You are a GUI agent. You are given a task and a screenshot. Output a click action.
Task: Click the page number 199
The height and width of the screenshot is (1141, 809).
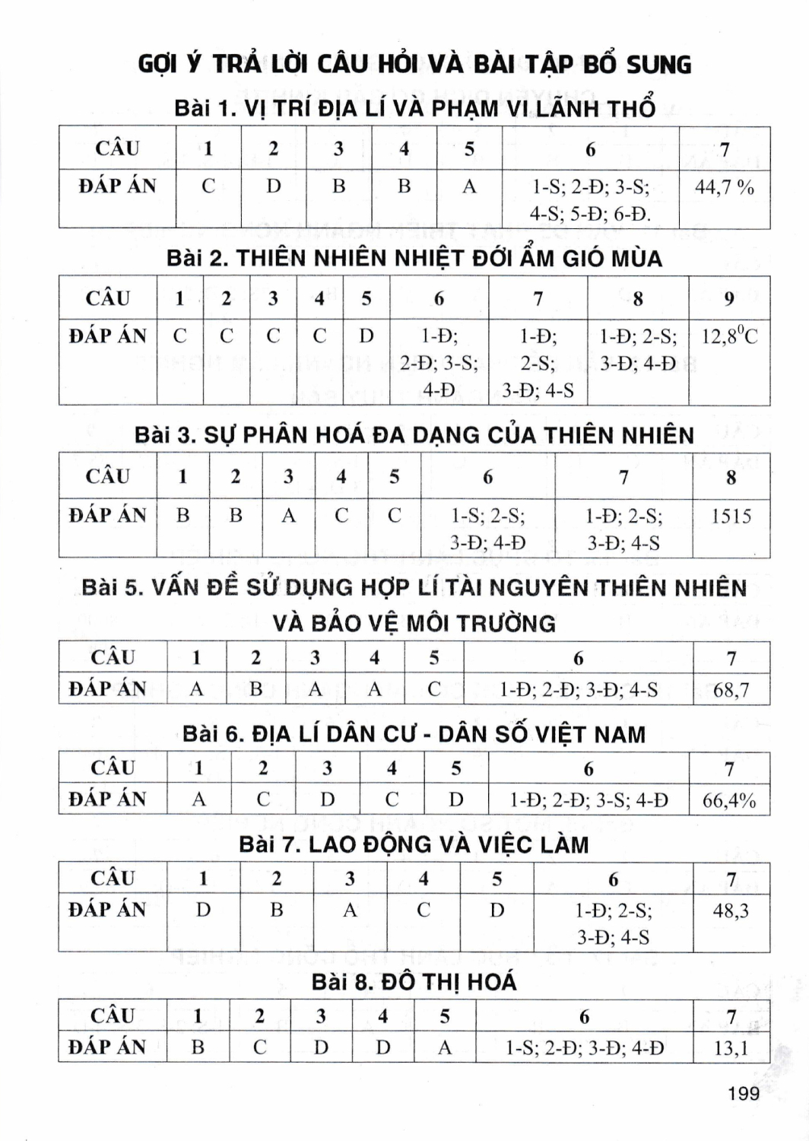click(743, 1094)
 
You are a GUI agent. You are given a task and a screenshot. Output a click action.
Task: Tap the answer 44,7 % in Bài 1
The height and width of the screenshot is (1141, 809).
click(724, 187)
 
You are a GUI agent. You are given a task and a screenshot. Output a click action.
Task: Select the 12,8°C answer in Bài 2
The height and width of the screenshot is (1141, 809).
click(729, 336)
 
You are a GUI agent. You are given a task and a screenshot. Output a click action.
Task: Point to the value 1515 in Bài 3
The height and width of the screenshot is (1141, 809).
click(731, 516)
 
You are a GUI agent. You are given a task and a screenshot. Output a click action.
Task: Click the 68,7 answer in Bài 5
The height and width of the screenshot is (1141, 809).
click(731, 690)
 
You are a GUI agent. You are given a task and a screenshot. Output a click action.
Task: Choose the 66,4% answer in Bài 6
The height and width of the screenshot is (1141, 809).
click(729, 800)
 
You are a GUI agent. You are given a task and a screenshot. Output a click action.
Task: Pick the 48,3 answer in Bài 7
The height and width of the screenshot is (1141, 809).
click(731, 910)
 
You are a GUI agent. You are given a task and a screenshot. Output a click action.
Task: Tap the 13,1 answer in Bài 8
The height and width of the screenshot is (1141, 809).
click(731, 1048)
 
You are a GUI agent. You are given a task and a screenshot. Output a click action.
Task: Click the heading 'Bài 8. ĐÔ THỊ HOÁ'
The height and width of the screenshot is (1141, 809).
click(414, 982)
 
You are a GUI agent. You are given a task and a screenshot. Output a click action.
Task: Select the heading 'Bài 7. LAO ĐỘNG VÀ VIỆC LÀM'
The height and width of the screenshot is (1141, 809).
click(414, 844)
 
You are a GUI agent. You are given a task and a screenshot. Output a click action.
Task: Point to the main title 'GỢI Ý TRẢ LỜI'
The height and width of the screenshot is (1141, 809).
click(414, 64)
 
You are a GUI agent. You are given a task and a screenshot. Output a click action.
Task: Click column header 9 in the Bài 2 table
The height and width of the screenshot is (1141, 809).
click(729, 298)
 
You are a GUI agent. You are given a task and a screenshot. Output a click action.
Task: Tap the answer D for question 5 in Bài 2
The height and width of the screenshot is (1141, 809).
click(366, 335)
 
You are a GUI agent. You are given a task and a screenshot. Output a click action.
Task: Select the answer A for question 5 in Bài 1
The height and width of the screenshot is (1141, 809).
click(469, 186)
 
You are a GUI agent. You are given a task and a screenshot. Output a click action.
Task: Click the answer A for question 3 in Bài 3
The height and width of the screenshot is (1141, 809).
click(288, 516)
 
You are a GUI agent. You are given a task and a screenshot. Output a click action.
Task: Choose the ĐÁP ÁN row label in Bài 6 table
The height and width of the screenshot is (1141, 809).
click(107, 799)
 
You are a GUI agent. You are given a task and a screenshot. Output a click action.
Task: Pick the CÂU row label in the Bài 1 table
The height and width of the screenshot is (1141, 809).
click(117, 148)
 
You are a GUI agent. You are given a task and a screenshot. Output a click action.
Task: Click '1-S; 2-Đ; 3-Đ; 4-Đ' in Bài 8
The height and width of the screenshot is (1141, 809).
click(584, 1048)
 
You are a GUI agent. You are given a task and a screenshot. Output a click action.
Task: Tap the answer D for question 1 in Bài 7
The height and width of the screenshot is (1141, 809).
click(203, 910)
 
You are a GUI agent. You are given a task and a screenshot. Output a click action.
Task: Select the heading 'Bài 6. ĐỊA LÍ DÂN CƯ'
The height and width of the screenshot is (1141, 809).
click(414, 734)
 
